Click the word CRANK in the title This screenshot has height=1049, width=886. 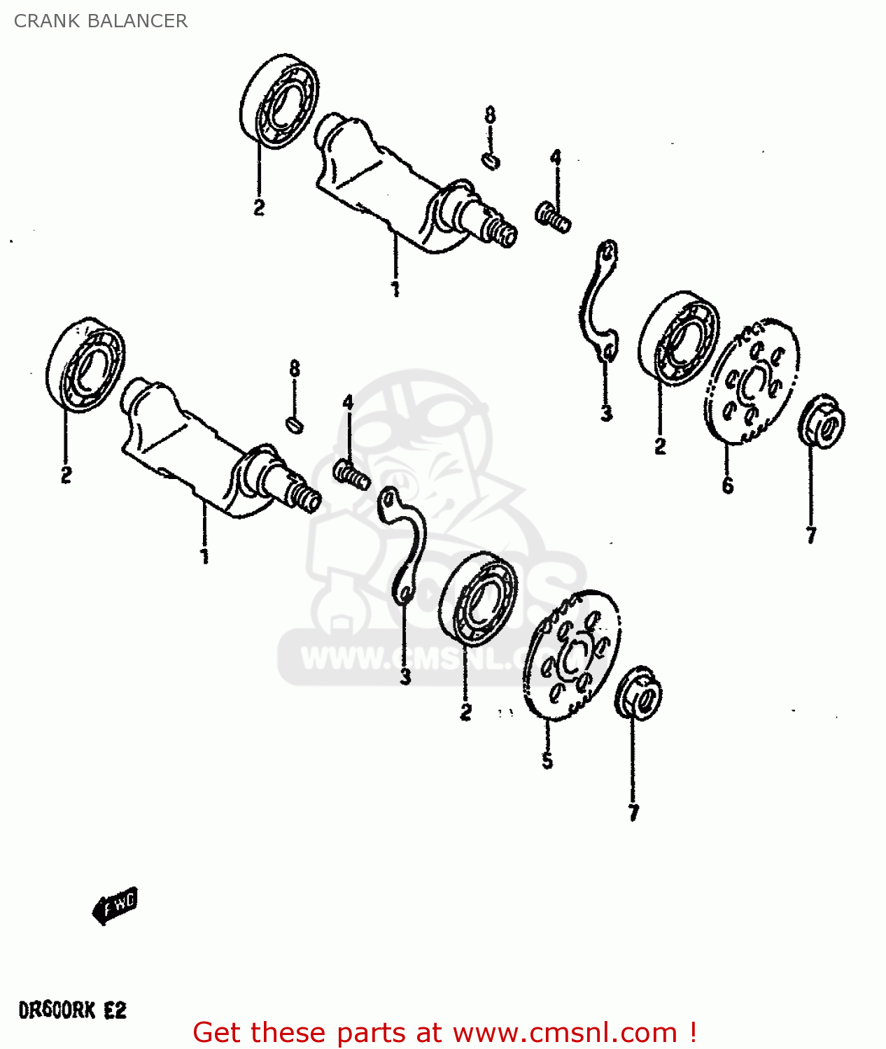(x=46, y=21)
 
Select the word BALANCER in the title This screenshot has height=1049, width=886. (x=136, y=21)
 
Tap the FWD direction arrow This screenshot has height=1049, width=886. (x=115, y=906)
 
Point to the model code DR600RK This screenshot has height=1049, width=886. (x=56, y=1011)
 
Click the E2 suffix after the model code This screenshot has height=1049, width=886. (x=115, y=1011)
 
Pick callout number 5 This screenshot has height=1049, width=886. (x=547, y=760)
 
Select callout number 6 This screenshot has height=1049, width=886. (x=728, y=485)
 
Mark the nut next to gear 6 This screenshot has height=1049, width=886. (x=822, y=422)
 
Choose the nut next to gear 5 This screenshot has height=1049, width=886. (x=638, y=693)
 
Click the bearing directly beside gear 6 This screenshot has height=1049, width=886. (x=678, y=337)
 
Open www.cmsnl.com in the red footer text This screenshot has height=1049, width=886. (x=565, y=1033)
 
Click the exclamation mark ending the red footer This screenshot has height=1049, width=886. (x=692, y=1033)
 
